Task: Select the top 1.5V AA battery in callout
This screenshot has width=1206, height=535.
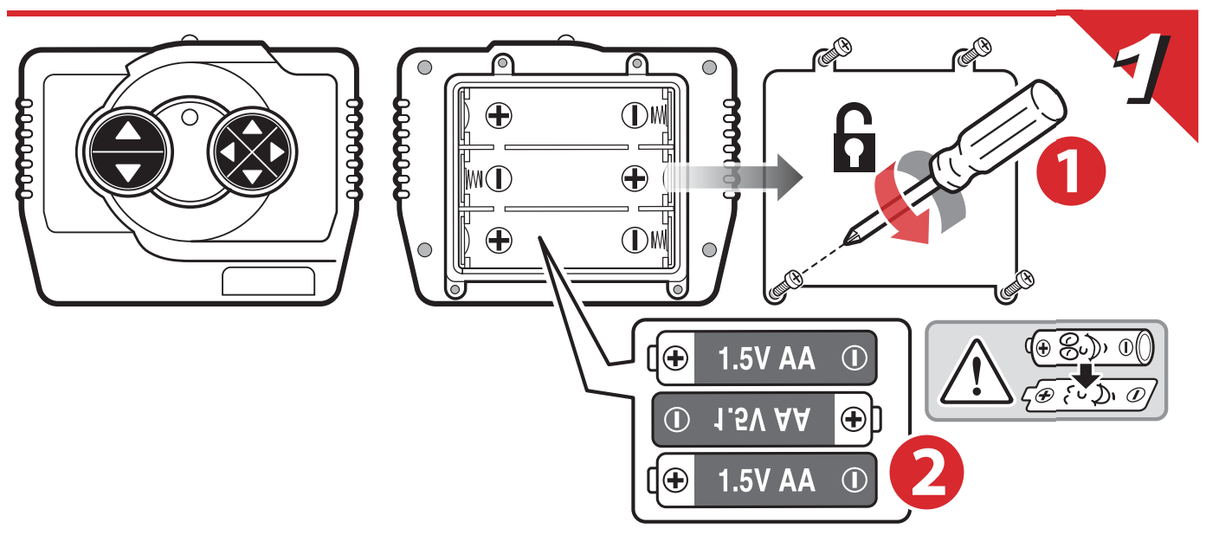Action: pos(767,358)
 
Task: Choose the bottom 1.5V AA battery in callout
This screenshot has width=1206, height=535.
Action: pos(767,479)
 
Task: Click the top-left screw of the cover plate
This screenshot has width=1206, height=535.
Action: pos(835,52)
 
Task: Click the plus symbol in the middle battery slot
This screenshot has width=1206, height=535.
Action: pos(635,178)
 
